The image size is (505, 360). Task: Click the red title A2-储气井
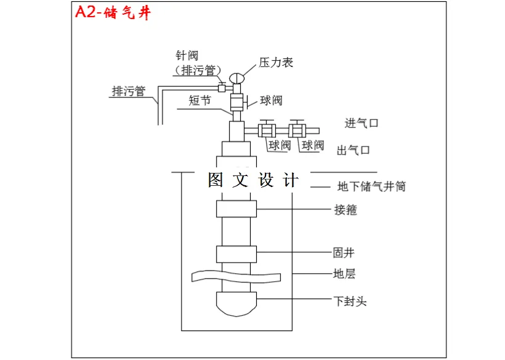click(x=112, y=14)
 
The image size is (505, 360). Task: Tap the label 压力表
click(x=276, y=62)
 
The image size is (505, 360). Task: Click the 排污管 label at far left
click(x=128, y=91)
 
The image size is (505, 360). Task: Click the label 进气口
click(x=362, y=123)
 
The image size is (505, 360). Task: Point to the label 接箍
click(x=345, y=210)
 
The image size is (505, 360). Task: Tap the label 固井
click(x=344, y=252)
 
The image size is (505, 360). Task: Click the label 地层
click(x=344, y=273)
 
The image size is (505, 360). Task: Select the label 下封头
click(x=350, y=302)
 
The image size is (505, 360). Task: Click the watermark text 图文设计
click(x=253, y=180)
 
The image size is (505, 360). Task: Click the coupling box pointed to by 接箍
click(x=236, y=209)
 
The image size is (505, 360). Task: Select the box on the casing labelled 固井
click(x=236, y=254)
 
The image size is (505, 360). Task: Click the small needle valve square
click(x=222, y=87)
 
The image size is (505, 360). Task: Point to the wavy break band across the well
click(x=241, y=276)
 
